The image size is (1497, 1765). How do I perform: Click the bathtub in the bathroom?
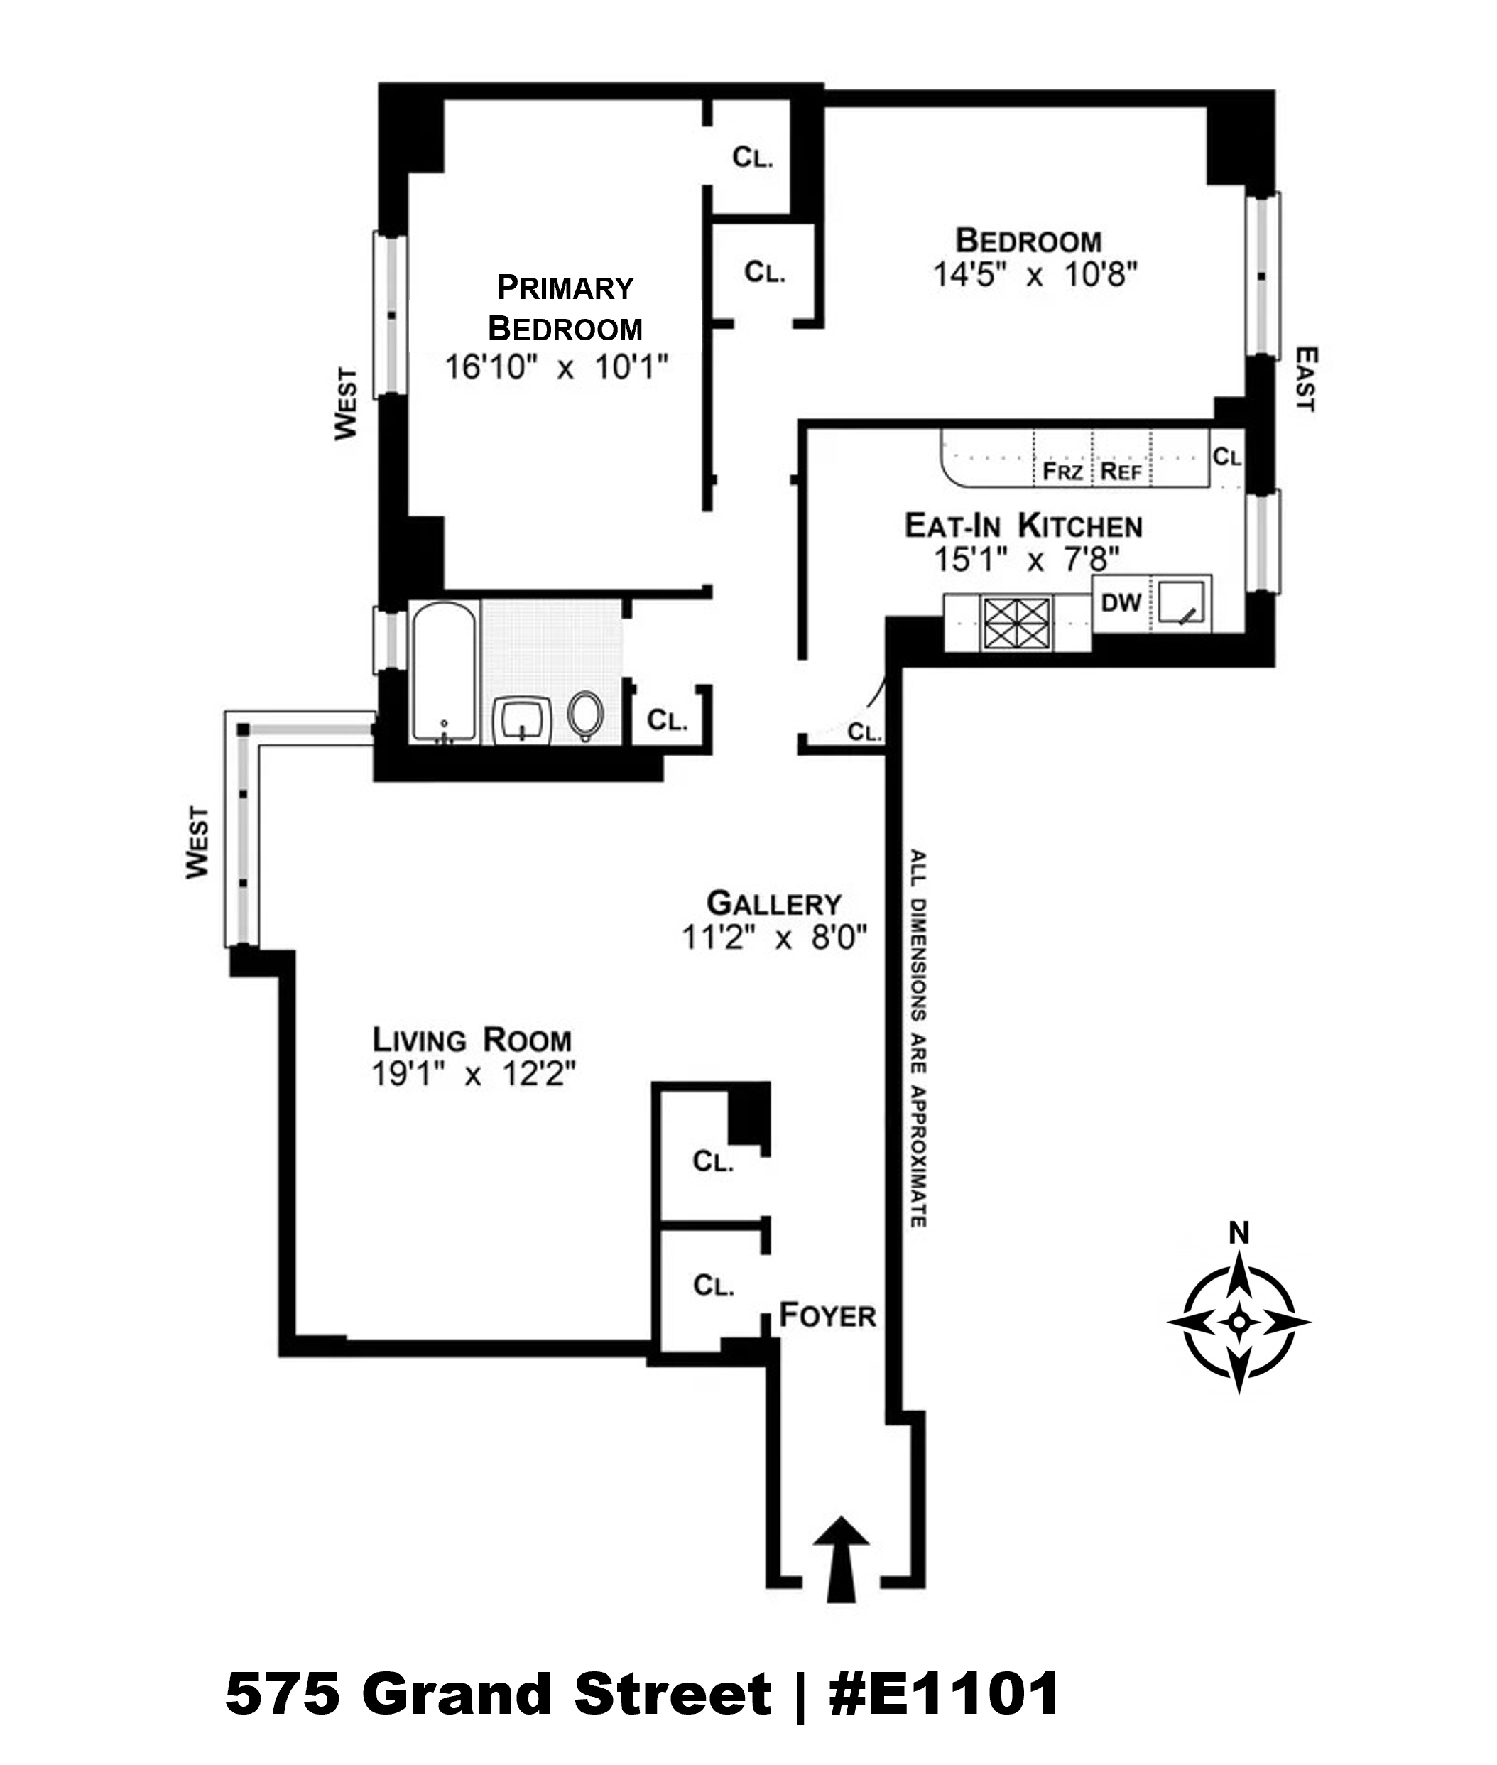point(443,671)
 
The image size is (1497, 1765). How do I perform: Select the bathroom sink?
point(522,719)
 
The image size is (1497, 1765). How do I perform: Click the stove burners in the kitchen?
point(1016,623)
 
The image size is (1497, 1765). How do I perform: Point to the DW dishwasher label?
point(1120,603)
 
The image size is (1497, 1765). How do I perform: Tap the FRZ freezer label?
point(1062,471)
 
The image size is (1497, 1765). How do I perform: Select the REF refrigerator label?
point(1120,471)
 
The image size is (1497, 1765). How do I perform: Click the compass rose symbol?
point(1239,1322)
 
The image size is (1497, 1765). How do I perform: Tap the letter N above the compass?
point(1239,1233)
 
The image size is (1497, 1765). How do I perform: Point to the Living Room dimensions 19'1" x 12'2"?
point(474,1075)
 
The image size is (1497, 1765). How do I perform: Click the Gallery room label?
point(774,903)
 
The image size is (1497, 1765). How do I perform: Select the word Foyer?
point(827,1315)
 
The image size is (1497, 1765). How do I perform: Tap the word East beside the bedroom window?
point(1306,379)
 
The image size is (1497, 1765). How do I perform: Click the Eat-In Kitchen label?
point(1023,526)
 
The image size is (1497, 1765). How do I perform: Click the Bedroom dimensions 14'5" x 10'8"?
point(1035,275)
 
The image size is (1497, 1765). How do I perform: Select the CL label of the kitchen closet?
point(1226,457)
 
